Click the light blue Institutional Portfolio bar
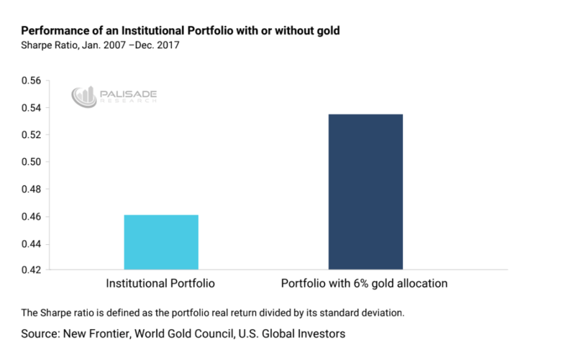[161, 242]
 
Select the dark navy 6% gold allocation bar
[365, 192]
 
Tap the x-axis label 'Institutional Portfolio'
[160, 284]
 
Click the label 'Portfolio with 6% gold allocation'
[364, 284]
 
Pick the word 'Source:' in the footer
[43, 334]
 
